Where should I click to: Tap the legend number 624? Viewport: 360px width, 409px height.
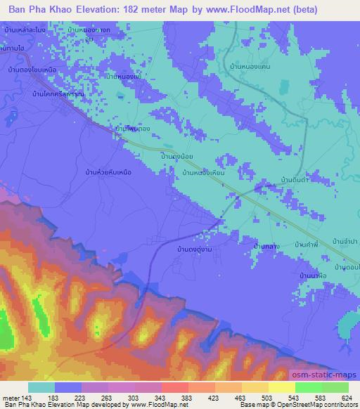(347, 397)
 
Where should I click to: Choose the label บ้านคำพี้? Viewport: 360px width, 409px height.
(307, 243)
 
